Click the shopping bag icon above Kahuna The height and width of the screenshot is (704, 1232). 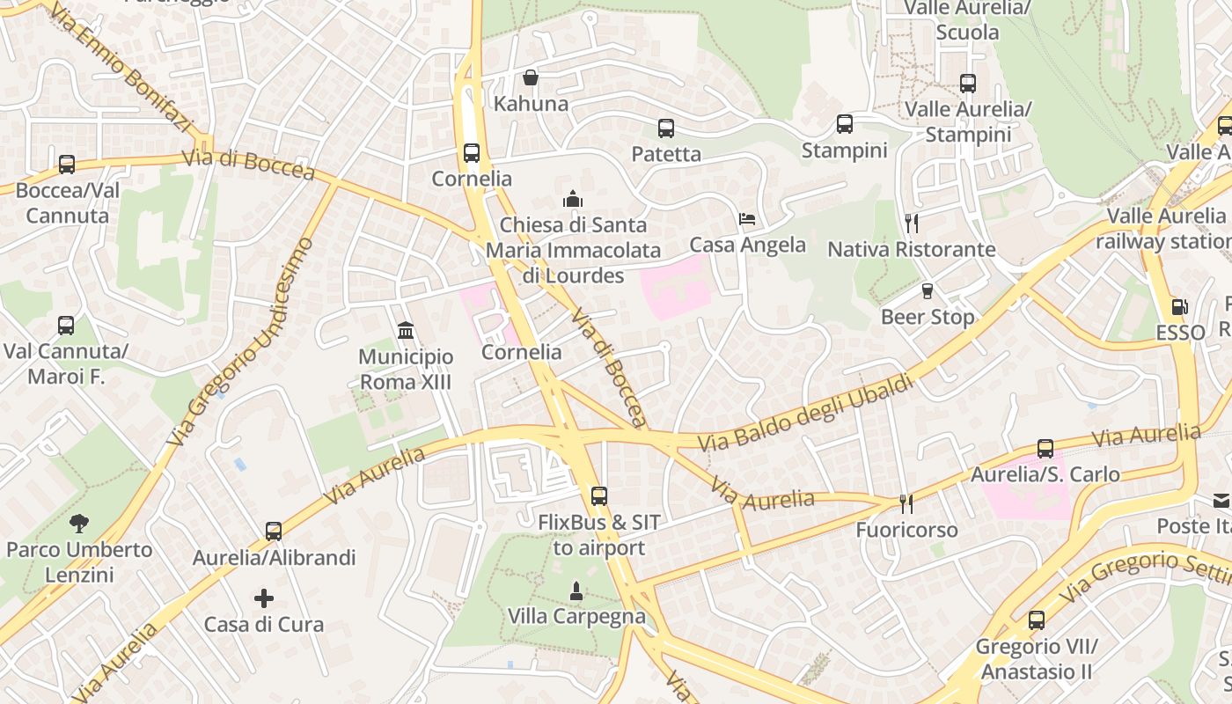pyautogui.click(x=531, y=78)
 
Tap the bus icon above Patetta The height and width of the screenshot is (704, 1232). pyautogui.click(x=666, y=128)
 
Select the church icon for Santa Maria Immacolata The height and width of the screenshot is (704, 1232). pyautogui.click(x=574, y=200)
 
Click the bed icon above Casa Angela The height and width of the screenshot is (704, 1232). pyautogui.click(x=747, y=219)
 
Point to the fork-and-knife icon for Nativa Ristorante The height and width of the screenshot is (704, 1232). pyautogui.click(x=912, y=224)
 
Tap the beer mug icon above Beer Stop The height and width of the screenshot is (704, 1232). pyautogui.click(x=928, y=291)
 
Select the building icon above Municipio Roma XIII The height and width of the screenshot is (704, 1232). pyautogui.click(x=406, y=331)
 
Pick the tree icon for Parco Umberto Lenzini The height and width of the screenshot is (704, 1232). pyautogui.click(x=79, y=524)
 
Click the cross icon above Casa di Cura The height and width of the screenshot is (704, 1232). pyautogui.click(x=264, y=599)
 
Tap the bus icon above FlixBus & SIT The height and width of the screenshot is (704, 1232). pyautogui.click(x=599, y=496)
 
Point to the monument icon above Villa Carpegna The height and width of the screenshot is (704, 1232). pyautogui.click(x=576, y=590)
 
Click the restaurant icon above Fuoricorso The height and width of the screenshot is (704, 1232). pyautogui.click(x=906, y=504)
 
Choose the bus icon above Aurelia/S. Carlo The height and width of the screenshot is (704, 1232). pyautogui.click(x=1045, y=449)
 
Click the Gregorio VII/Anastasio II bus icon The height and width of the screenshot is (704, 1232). pyautogui.click(x=1037, y=620)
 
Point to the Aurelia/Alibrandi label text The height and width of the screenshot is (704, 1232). pyautogui.click(x=275, y=558)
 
